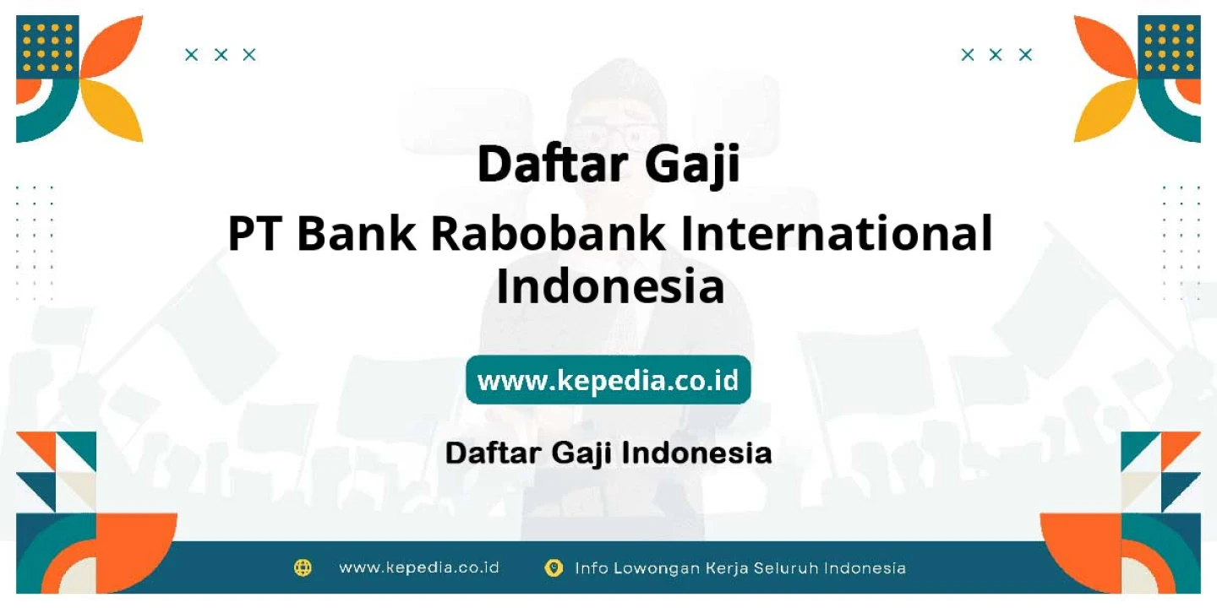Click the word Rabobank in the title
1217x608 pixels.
(547, 233)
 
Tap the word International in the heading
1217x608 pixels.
(837, 233)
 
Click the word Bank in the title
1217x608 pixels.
(357, 233)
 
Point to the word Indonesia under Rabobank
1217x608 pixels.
(611, 286)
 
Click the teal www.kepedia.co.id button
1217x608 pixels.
(608, 380)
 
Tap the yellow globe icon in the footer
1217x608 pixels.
(303, 567)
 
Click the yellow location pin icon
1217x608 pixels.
(554, 567)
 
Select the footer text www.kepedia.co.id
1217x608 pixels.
(419, 567)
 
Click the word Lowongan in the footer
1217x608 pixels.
(657, 568)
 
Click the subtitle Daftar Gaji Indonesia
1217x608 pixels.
(608, 453)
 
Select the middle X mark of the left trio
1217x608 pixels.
(221, 55)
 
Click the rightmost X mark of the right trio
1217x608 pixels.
(1025, 55)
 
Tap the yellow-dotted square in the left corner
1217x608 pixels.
(47, 47)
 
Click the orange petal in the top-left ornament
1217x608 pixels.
(112, 47)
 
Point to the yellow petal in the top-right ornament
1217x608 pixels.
(1105, 111)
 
